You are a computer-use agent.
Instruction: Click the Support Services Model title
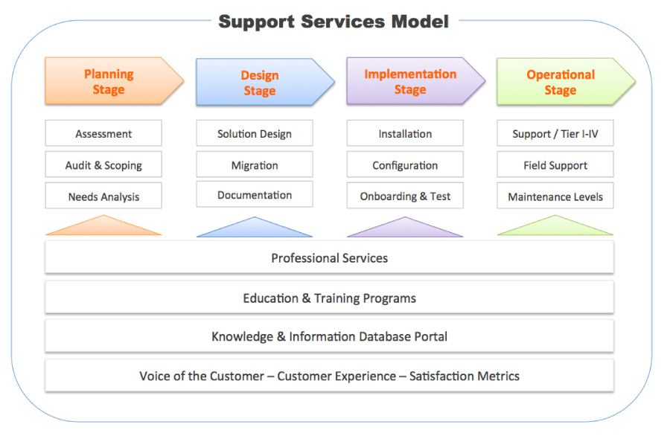click(334, 21)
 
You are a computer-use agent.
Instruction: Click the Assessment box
click(103, 134)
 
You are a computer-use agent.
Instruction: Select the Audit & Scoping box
click(103, 165)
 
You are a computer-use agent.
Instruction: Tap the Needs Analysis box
click(103, 196)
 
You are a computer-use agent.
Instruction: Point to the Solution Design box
click(255, 134)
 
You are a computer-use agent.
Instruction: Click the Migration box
click(255, 165)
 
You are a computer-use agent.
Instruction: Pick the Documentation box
click(255, 195)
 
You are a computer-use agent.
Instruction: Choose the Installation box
click(405, 134)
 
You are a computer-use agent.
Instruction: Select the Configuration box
click(405, 165)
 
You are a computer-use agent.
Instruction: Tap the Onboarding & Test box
click(405, 196)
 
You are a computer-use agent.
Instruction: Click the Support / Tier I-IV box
click(555, 134)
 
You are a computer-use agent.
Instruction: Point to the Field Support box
click(555, 165)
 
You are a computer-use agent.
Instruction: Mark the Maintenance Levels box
click(555, 196)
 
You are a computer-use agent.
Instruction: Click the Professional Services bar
click(329, 258)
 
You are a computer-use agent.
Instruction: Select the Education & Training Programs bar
click(329, 298)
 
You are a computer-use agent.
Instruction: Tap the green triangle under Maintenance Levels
click(555, 228)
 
